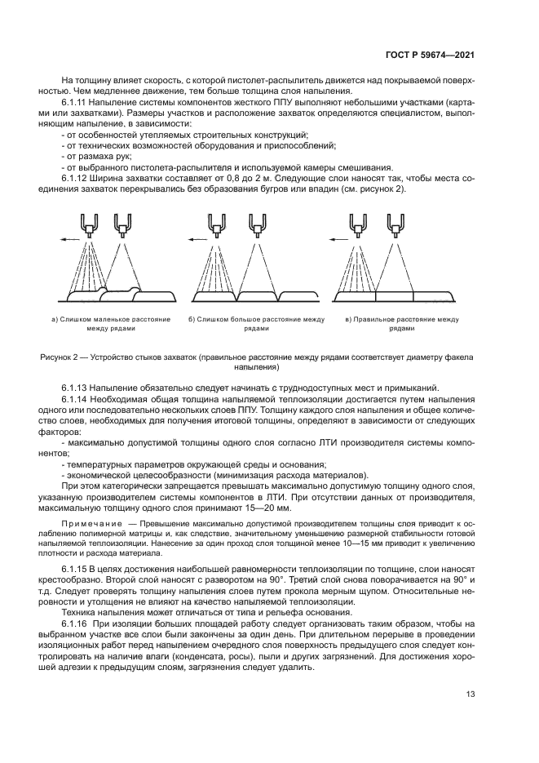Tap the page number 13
(x=471, y=694)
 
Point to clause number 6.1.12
(x=76, y=178)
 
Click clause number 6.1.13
(x=76, y=387)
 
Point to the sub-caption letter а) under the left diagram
(x=55, y=319)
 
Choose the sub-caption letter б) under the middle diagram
(x=192, y=319)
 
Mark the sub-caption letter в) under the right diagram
(x=348, y=319)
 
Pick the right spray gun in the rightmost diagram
(x=397, y=223)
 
